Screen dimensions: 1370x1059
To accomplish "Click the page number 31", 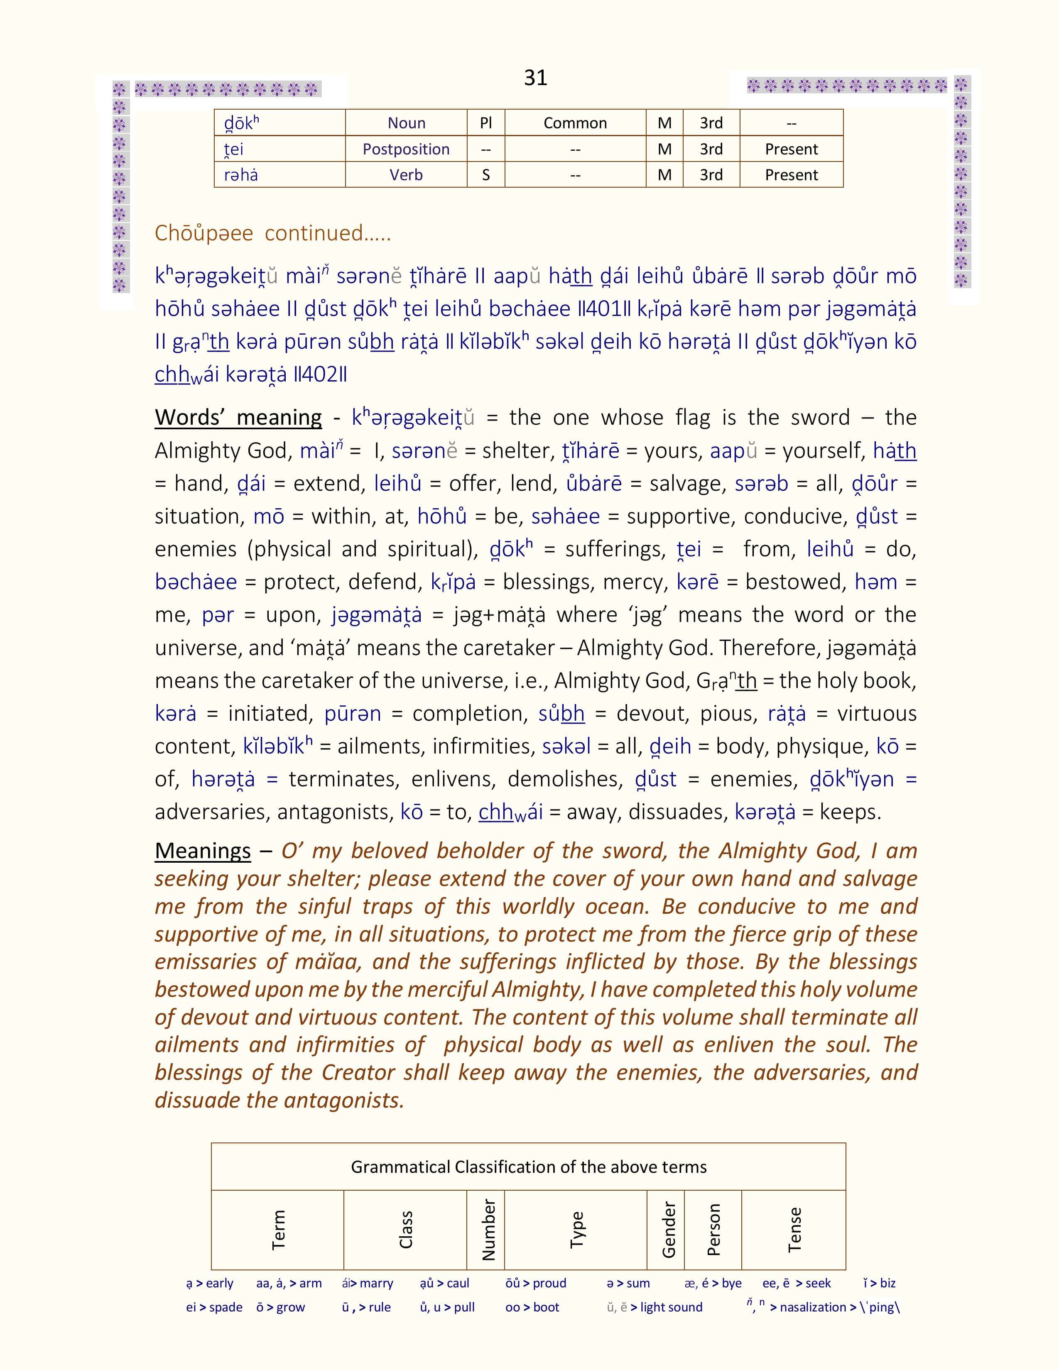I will pyautogui.click(x=535, y=78).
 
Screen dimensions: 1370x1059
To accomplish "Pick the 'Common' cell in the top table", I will pyautogui.click(x=575, y=123).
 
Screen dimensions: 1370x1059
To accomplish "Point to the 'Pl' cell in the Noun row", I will pyautogui.click(x=485, y=123).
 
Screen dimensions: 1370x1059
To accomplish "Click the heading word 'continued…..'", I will pyautogui.click(x=328, y=233).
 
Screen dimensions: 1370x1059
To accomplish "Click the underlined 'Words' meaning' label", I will pyautogui.click(x=238, y=417).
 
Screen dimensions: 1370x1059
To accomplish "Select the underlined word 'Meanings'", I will pyautogui.click(x=203, y=851).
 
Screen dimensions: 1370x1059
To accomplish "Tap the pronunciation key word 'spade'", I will pyautogui.click(x=226, y=1307).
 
